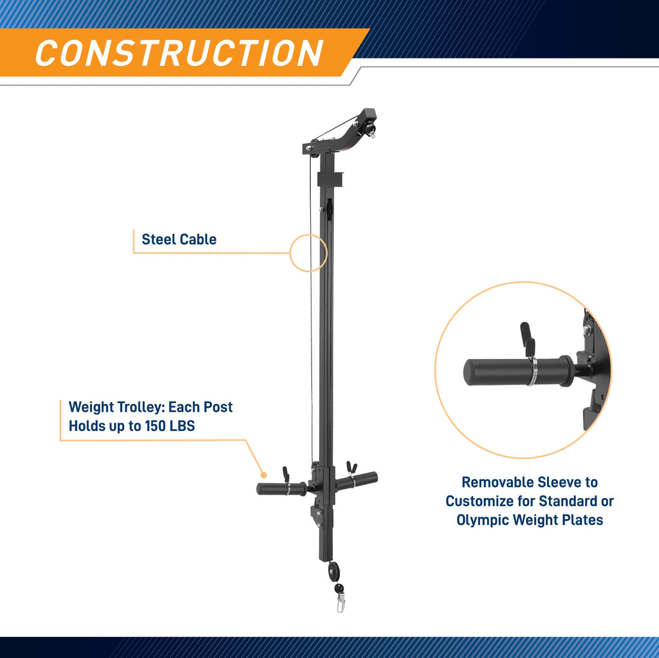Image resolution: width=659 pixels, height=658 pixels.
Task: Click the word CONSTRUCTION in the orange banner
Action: point(180,53)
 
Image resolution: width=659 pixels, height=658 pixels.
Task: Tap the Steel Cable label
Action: point(179,239)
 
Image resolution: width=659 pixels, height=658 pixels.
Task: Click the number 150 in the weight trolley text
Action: point(155,426)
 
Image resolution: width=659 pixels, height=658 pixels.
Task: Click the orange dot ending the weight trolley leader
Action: point(263,475)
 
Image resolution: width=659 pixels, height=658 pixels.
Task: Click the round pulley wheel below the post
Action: point(334,571)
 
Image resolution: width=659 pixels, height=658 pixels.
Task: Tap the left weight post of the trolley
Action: point(282,489)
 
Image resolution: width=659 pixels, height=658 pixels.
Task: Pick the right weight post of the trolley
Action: point(357,480)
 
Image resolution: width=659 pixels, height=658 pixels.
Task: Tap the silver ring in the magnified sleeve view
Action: point(532,370)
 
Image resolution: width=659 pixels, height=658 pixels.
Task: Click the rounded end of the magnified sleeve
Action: point(470,372)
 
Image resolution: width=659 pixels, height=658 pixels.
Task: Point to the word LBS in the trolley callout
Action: point(182,426)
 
